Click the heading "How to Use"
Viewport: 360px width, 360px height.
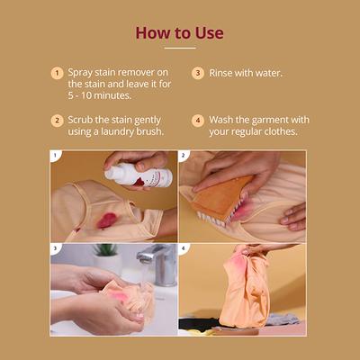(x=179, y=33)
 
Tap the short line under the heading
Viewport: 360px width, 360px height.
(x=179, y=49)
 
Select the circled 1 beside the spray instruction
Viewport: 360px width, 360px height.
(x=57, y=73)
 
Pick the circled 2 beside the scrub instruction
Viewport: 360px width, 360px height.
(x=57, y=120)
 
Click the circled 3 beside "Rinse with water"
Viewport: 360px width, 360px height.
(x=197, y=73)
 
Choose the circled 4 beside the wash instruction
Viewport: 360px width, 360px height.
(x=197, y=120)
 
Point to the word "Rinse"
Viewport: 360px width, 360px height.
(x=223, y=73)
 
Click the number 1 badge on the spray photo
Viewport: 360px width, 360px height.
(x=57, y=156)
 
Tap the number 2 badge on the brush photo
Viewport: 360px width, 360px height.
(x=184, y=156)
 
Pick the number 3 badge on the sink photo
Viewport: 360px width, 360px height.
(x=57, y=248)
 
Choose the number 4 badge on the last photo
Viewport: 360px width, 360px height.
(x=184, y=248)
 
